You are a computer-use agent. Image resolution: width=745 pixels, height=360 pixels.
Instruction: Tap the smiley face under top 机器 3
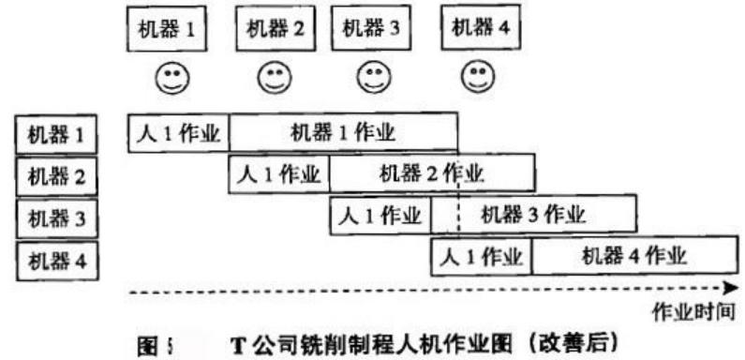(373, 76)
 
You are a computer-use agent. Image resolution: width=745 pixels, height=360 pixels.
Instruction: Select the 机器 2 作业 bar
(431, 174)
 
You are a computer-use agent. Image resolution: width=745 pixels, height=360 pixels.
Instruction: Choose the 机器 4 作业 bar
(633, 256)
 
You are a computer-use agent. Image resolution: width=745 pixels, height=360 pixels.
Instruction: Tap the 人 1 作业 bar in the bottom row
(481, 256)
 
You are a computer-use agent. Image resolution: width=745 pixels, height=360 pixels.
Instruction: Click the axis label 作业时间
(693, 308)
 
